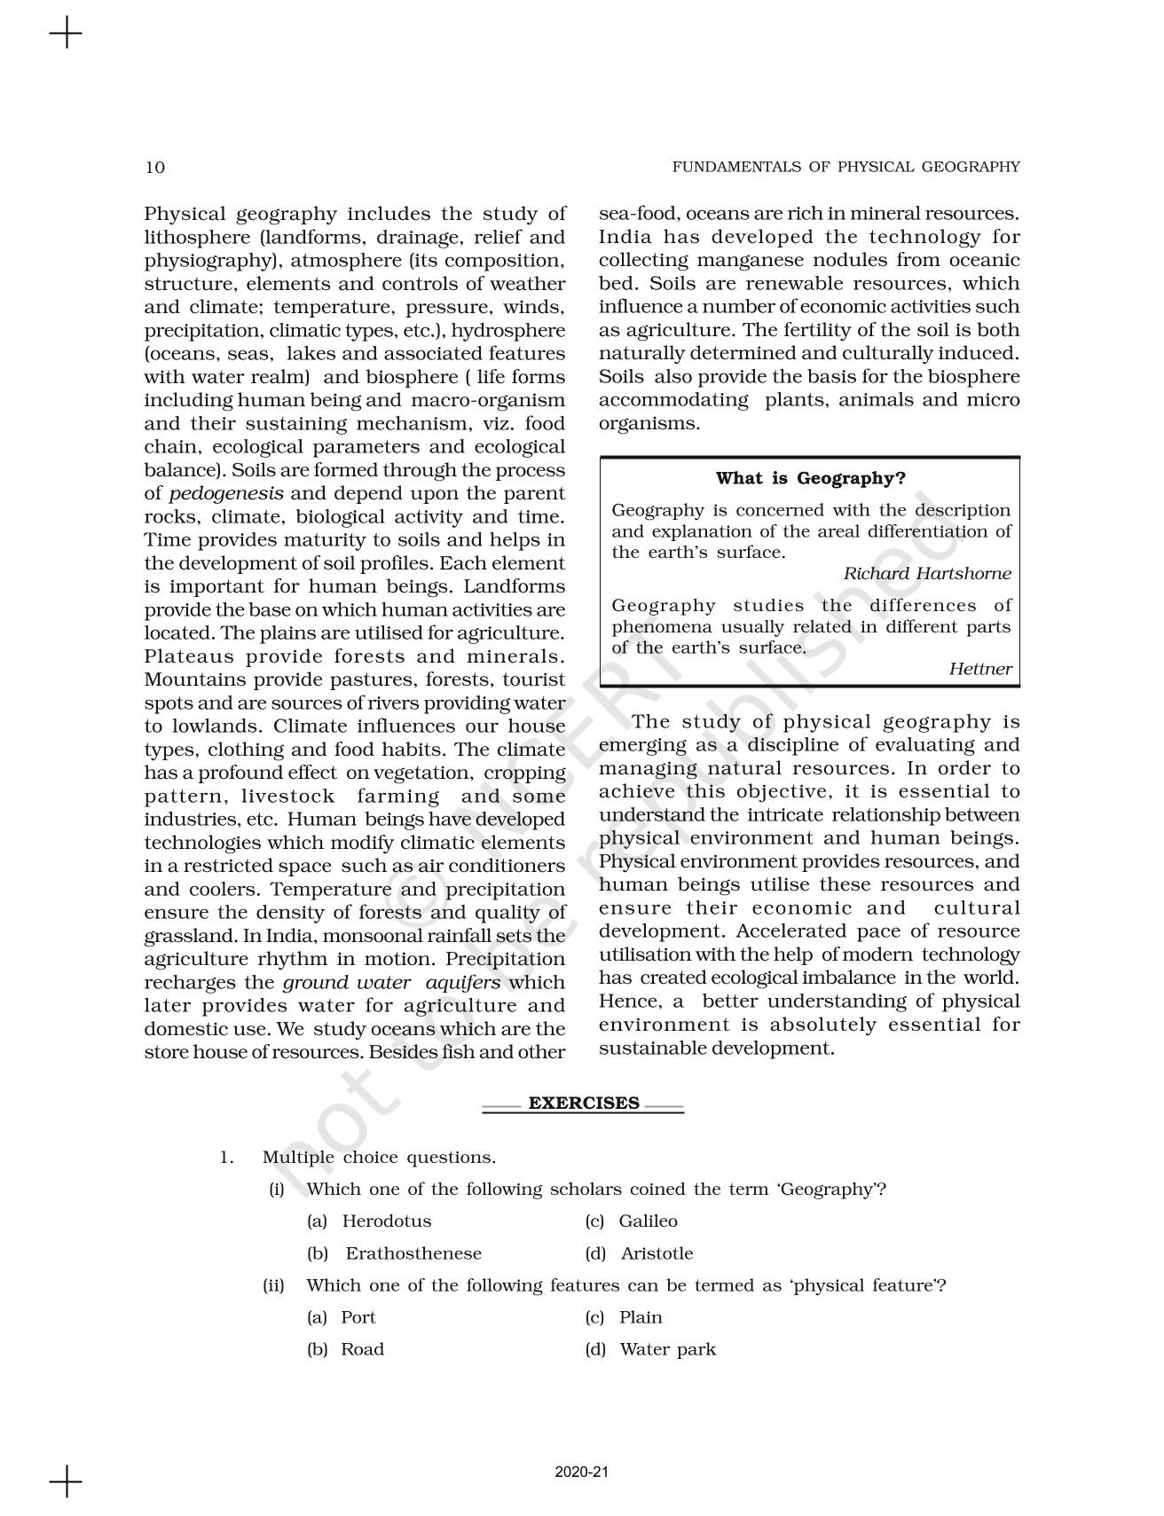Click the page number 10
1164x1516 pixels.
154,168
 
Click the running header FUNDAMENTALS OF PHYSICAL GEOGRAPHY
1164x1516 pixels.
845,167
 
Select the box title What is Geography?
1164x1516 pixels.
810,478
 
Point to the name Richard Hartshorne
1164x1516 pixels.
926,574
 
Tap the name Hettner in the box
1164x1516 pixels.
979,670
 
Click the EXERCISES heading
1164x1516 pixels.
584,1104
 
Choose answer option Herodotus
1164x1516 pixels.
387,1221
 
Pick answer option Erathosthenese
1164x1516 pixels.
413,1253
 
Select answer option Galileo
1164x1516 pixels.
648,1221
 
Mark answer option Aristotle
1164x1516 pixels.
657,1253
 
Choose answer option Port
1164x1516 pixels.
358,1317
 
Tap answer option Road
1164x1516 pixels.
362,1349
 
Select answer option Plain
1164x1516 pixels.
641,1317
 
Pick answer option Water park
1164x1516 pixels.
667,1349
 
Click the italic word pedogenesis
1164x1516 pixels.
226,494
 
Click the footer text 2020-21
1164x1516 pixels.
582,1472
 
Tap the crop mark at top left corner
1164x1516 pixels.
66,35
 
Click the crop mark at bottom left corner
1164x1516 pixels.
66,1482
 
